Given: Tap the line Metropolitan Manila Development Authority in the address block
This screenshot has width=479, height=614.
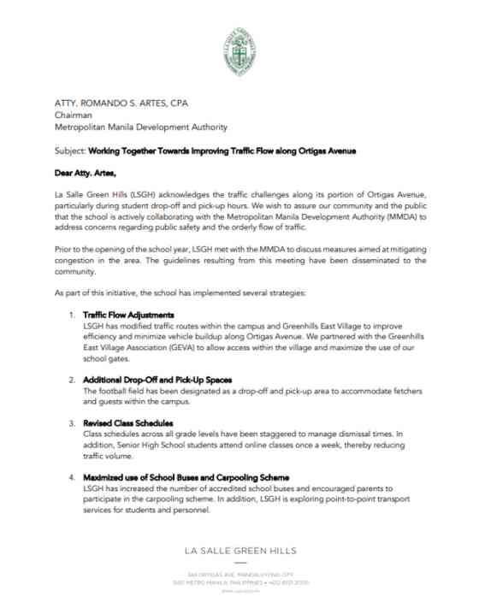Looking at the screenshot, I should (x=141, y=128).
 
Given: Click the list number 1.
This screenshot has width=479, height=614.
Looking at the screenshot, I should (x=72, y=316).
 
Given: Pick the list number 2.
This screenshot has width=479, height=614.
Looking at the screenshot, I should (x=72, y=378).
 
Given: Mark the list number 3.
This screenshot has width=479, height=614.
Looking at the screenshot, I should (x=72, y=423).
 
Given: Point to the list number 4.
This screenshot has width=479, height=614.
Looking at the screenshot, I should (x=72, y=476).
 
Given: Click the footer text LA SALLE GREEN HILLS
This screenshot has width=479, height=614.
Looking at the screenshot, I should (x=239, y=547).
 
